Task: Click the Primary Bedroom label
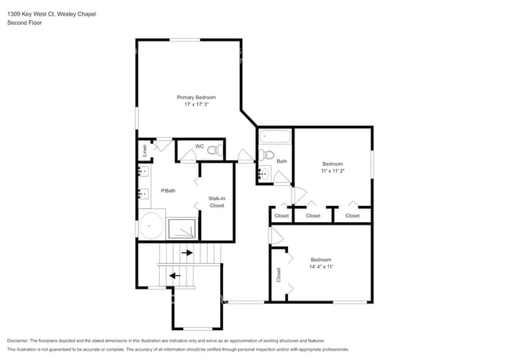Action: tap(196, 97)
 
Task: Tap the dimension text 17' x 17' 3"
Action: tap(196, 104)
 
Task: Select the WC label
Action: tap(200, 146)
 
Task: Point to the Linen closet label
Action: tap(144, 149)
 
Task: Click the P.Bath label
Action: tap(168, 190)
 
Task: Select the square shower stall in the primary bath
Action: tap(184, 227)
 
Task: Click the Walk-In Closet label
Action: tap(217, 202)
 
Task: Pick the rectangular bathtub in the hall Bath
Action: tap(274, 138)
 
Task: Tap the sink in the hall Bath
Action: tap(264, 173)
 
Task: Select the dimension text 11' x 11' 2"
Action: tap(333, 171)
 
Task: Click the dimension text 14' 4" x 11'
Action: tap(321, 267)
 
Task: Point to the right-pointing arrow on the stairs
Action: tap(187, 253)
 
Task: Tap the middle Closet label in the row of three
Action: tap(313, 215)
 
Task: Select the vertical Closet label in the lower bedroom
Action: tap(278, 275)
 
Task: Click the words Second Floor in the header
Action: tap(24, 23)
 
